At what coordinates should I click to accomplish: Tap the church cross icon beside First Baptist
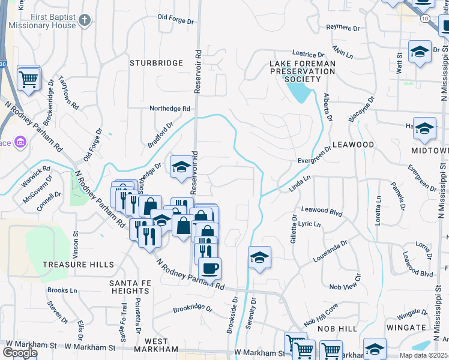pyautogui.click(x=85, y=20)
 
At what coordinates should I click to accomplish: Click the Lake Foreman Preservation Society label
pyautogui.click(x=302, y=71)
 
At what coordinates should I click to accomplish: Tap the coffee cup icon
pyautogui.click(x=209, y=268)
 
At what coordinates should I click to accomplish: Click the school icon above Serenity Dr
pyautogui.click(x=259, y=257)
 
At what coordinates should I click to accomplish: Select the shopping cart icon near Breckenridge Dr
pyautogui.click(x=29, y=78)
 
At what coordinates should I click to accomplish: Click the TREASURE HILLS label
pyautogui.click(x=78, y=265)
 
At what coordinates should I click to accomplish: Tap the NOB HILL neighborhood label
pyautogui.click(x=339, y=329)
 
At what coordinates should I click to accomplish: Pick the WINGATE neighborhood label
pyautogui.click(x=406, y=328)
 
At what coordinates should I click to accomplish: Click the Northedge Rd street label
pyautogui.click(x=170, y=109)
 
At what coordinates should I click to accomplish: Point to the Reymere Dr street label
pyautogui.click(x=342, y=28)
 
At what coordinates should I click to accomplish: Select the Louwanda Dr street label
pyautogui.click(x=330, y=252)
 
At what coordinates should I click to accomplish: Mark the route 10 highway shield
pyautogui.click(x=425, y=19)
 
